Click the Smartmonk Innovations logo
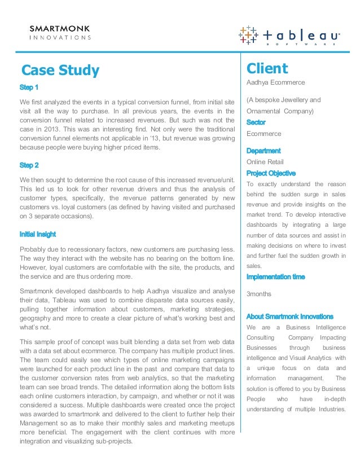point(59,33)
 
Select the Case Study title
point(60,71)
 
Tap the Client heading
point(267,69)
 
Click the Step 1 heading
point(29,88)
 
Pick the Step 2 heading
point(29,165)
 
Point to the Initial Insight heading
point(37,234)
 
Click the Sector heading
point(256,122)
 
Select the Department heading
point(264,151)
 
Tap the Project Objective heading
point(271,173)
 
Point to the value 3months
point(260,294)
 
